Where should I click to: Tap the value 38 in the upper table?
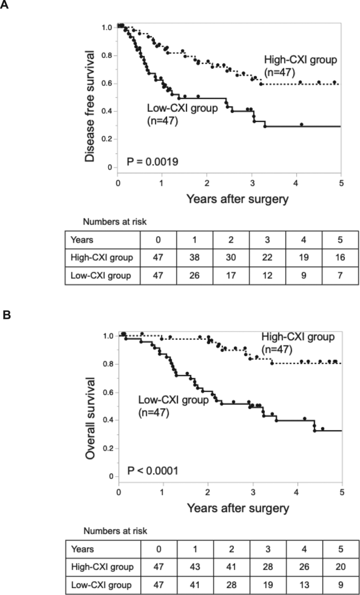195,258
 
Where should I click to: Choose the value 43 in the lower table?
195,567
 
